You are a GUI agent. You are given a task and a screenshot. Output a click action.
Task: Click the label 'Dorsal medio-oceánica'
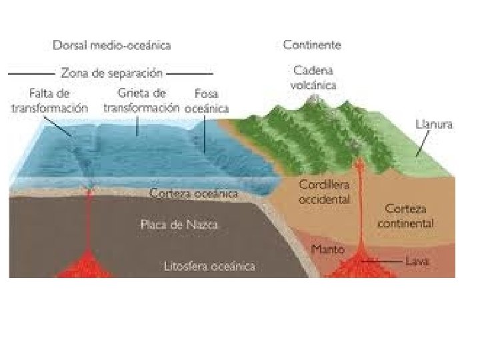[111, 45]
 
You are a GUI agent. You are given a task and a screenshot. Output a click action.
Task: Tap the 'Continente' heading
[312, 45]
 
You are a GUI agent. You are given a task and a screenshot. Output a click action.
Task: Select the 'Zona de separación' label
[112, 72]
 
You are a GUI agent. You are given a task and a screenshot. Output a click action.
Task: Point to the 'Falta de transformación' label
[50, 100]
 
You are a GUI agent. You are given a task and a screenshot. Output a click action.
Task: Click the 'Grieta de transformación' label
[141, 100]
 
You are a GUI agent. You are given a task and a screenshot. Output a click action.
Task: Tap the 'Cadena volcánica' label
[314, 77]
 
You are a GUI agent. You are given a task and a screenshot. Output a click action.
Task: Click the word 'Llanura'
[434, 125]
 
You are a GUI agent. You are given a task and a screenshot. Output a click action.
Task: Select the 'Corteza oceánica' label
[194, 194]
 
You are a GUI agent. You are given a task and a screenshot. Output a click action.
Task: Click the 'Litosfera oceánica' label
[209, 267]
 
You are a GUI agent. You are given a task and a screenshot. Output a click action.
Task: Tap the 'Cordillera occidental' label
[325, 191]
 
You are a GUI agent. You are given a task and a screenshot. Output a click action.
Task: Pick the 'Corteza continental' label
[405, 215]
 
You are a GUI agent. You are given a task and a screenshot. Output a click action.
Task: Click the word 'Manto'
[328, 249]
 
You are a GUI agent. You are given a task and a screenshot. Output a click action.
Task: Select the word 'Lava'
[419, 261]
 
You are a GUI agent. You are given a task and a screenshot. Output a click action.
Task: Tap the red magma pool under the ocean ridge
[87, 265]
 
